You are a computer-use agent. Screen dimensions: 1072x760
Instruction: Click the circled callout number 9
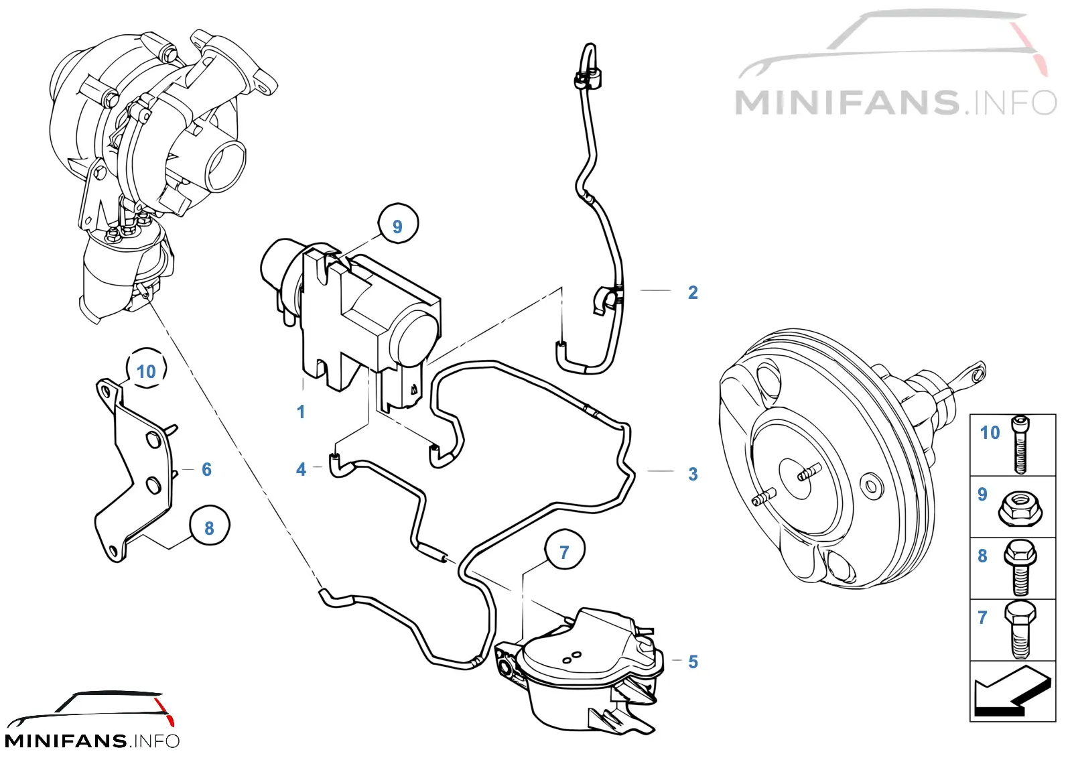click(398, 225)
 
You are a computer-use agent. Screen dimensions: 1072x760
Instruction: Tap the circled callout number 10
click(147, 371)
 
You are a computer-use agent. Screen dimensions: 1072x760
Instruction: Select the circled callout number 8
click(209, 527)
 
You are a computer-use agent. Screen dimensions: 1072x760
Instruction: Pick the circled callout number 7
click(564, 552)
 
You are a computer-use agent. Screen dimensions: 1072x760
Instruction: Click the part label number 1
click(301, 411)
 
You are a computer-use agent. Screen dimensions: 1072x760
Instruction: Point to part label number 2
click(693, 292)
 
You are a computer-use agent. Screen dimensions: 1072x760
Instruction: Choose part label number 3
click(693, 474)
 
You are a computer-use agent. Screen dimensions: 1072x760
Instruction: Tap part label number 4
click(301, 469)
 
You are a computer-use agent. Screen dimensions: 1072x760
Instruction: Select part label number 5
click(693, 661)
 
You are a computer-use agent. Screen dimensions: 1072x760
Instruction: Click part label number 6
click(206, 469)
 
